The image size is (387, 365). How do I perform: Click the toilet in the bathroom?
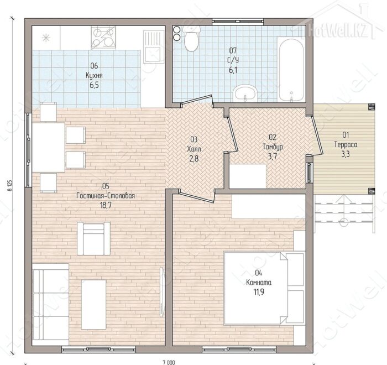[x=191, y=39]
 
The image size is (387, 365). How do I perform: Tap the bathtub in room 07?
[x=291, y=69]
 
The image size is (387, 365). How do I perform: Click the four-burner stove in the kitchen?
[x=103, y=37]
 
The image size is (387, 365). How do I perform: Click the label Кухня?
[x=94, y=75]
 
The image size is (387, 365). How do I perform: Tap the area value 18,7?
[x=106, y=206]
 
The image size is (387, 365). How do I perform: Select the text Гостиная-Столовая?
[x=106, y=196]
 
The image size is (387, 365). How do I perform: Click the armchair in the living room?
[x=93, y=238]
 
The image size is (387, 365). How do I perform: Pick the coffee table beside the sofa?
[x=93, y=305]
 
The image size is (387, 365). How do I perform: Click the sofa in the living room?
[x=50, y=305]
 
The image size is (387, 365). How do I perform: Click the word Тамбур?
[x=273, y=147]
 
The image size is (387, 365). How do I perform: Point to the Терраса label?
[x=346, y=145]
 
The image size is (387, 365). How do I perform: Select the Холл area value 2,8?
[x=193, y=159]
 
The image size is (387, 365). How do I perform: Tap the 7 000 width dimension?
[x=169, y=363]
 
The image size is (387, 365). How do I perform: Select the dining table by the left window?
[x=49, y=148]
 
